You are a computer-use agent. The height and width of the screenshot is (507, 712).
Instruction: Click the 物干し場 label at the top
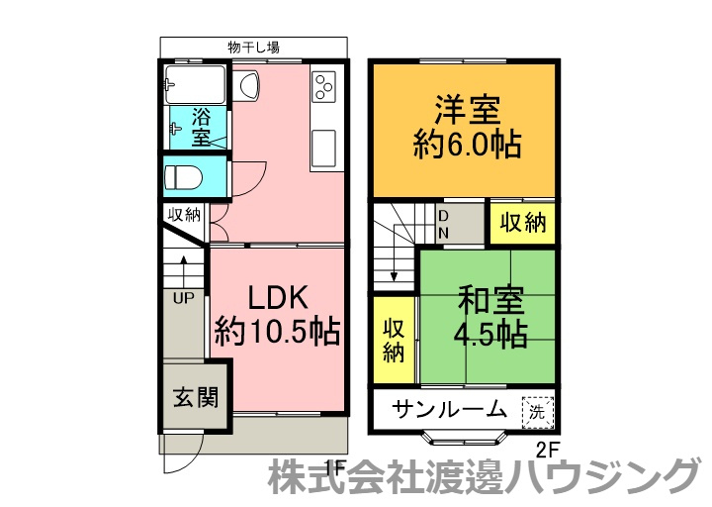(252, 47)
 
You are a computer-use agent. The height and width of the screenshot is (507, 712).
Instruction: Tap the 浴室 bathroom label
(201, 126)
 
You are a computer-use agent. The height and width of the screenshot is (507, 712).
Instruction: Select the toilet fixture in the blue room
(183, 178)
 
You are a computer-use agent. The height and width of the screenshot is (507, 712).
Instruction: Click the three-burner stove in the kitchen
(325, 88)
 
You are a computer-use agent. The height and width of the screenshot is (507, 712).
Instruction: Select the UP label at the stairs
(185, 297)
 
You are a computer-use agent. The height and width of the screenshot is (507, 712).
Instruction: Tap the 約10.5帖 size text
(278, 331)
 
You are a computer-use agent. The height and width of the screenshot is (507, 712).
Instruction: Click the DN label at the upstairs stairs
(444, 224)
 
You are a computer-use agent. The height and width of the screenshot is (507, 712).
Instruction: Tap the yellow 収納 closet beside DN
(521, 223)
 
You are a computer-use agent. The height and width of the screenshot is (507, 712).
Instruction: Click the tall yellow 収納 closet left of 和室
(394, 340)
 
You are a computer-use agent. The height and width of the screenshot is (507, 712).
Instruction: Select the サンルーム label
(450, 408)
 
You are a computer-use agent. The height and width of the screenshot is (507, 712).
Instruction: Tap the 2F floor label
(547, 449)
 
